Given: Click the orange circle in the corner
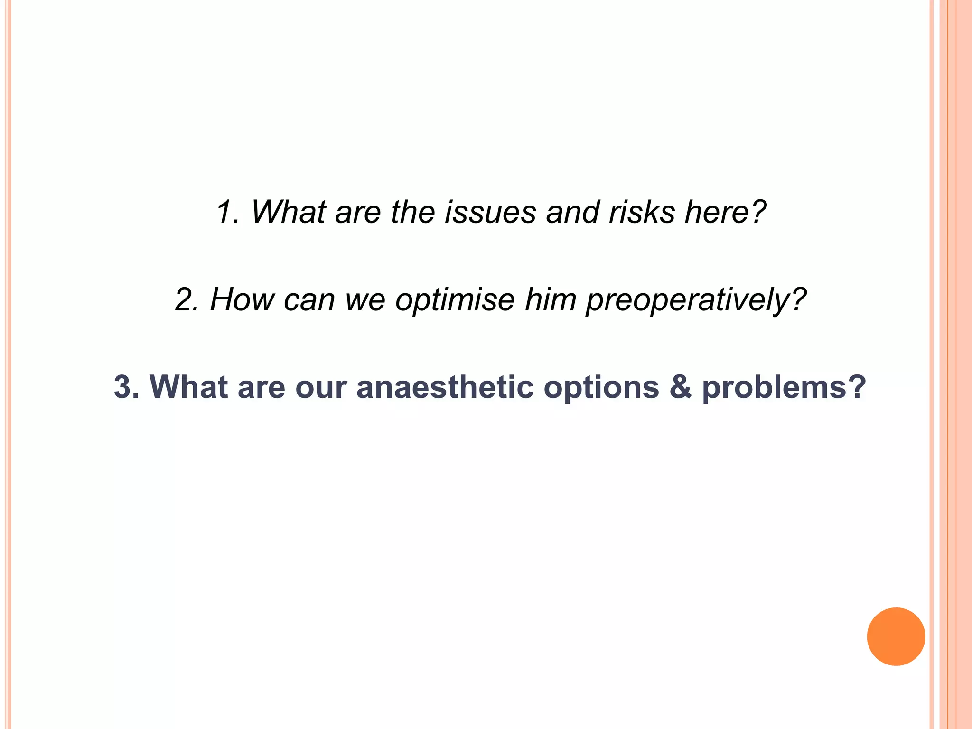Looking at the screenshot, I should coord(896,636).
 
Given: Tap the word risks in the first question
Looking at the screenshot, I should coord(642,212).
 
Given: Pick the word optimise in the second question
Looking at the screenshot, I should coord(455,299).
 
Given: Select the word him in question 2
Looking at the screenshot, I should coord(551,299).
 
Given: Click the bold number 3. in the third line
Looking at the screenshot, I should coord(126,387).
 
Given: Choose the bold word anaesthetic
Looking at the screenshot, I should coord(445,387).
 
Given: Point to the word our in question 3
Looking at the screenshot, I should coord(320,387).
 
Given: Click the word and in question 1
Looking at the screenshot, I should coord(572,212).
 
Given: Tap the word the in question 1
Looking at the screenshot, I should coord(412,212).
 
